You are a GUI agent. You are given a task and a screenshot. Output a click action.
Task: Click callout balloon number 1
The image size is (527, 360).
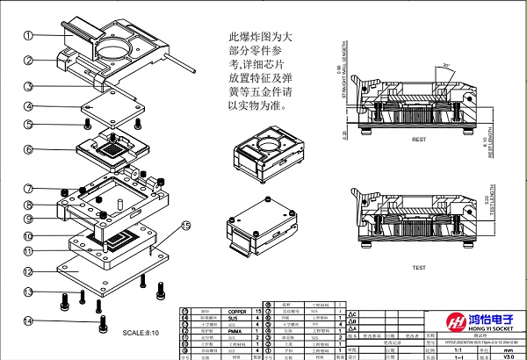coord(28,36)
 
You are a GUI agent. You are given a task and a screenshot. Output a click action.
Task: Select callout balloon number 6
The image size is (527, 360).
coord(28,150)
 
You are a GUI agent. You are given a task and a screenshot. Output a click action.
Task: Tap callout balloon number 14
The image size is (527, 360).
coord(28,320)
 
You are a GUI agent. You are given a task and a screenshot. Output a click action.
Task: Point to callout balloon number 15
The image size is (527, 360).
coord(185,227)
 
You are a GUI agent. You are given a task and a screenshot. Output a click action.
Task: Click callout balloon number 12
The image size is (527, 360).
coord(28,272)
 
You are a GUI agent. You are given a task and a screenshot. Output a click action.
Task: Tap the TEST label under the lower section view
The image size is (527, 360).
coord(419,268)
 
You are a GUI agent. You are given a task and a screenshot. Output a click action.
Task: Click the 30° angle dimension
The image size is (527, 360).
coord(446,67)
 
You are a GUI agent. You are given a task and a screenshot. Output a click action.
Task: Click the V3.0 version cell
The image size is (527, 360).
coord(509,356)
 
